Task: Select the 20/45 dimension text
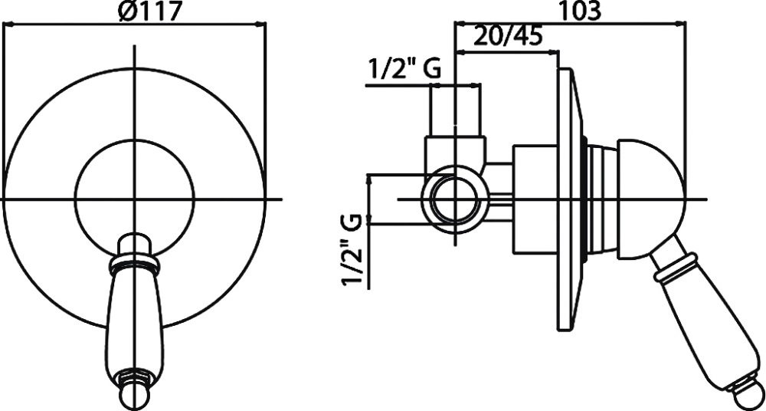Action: (509, 37)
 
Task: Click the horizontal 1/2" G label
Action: (404, 69)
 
